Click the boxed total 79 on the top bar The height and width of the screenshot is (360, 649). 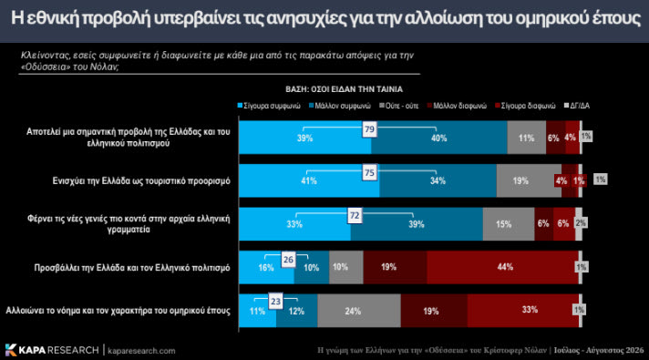[x=369, y=129]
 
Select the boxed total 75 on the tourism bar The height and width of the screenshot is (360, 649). [x=369, y=172]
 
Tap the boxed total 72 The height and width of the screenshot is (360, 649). [x=355, y=216]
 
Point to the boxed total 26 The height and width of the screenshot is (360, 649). [x=288, y=260]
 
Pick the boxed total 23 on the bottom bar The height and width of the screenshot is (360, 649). [x=275, y=302]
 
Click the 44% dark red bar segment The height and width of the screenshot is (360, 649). [x=502, y=267]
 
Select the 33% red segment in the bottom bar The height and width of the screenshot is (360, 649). [x=523, y=311]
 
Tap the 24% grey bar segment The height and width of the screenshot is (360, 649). [x=359, y=311]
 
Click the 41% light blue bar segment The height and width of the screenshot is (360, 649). [x=309, y=180]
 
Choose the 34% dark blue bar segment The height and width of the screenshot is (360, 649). [x=438, y=180]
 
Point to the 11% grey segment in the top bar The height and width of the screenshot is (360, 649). [x=527, y=138]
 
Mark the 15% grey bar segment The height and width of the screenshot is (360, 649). [x=509, y=224]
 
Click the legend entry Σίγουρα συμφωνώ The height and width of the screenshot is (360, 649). [x=269, y=106]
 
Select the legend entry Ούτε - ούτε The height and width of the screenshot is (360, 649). [x=399, y=106]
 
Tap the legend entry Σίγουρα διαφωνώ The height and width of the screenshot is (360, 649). [x=525, y=106]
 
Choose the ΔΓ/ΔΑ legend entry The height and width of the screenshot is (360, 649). [x=577, y=106]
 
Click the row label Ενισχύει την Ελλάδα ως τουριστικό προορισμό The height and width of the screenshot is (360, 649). [x=141, y=181]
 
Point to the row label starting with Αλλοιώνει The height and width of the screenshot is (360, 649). [x=118, y=311]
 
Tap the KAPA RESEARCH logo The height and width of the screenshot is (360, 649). [x=52, y=350]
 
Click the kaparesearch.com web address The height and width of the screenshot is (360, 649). [x=141, y=351]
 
